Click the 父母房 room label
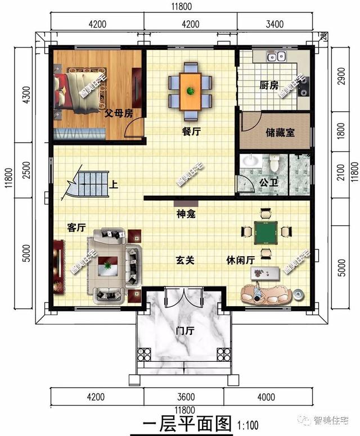tap(118, 112)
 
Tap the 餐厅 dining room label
tap(191, 131)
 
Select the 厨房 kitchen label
tap(268, 85)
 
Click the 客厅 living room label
tap(76, 228)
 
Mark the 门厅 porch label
tap(184, 331)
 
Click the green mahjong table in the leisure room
tap(264, 231)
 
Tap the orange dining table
tap(190, 92)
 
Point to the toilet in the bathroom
tap(274, 163)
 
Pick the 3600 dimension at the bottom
tap(184, 397)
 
